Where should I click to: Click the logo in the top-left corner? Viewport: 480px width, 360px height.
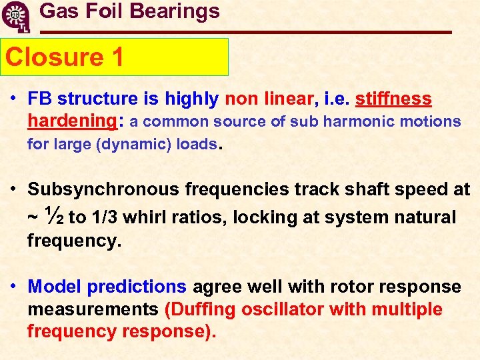[x=16, y=17]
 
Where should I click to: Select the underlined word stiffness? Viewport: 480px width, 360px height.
[x=393, y=99]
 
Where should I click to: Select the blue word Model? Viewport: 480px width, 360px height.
[x=55, y=287]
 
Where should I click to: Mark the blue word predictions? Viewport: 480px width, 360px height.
[x=137, y=287]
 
